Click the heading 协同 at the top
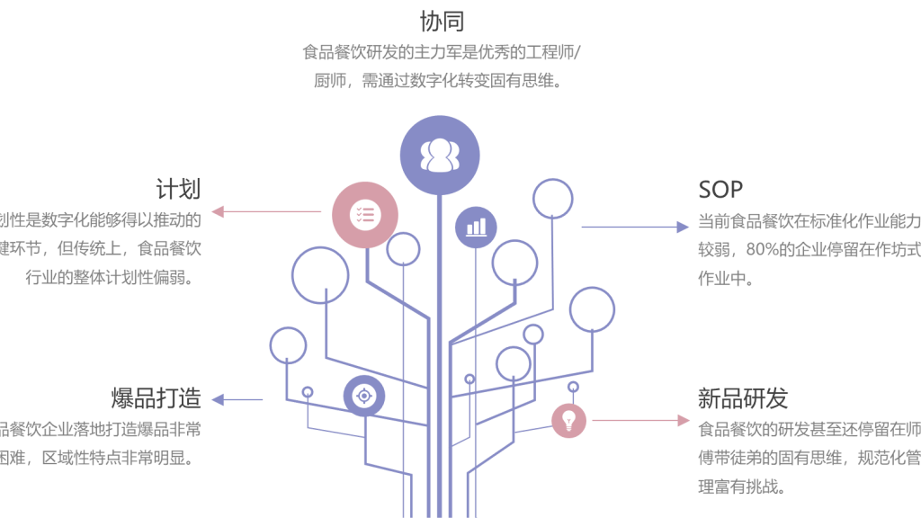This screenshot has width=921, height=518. [x=443, y=21]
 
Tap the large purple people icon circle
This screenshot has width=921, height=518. [x=440, y=155]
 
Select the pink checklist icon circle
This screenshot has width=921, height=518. [x=364, y=215]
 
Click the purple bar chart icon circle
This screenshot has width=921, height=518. [x=476, y=228]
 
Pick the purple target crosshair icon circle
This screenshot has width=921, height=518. [x=364, y=396]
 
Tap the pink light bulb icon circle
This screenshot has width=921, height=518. [x=568, y=419]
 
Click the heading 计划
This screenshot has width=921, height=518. [x=177, y=189]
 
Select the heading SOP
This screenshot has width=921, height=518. [x=720, y=189]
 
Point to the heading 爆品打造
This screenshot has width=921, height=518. [x=156, y=397]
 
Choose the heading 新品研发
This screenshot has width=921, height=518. [x=742, y=397]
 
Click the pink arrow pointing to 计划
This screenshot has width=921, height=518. [x=266, y=212]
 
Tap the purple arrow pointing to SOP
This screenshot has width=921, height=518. [x=634, y=227]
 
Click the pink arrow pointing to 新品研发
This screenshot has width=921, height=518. [x=640, y=420]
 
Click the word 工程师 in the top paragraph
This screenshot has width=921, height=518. [x=549, y=51]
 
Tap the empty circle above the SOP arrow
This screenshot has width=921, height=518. [x=552, y=198]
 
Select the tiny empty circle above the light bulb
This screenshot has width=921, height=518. [x=573, y=387]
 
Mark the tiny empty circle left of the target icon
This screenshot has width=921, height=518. [x=308, y=392]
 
